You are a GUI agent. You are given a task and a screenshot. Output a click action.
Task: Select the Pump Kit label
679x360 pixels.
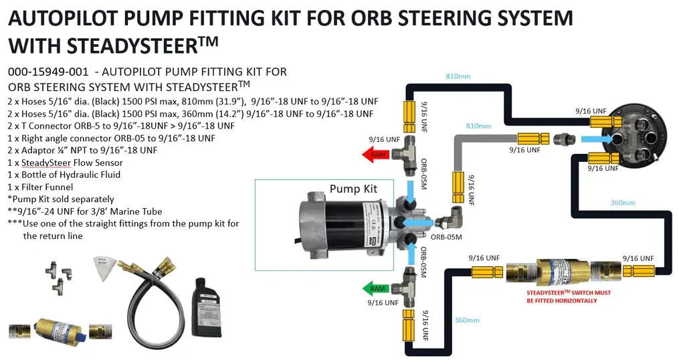pyautogui.click(x=353, y=189)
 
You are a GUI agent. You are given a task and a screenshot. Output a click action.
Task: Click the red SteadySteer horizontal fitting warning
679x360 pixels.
pyautogui.click(x=568, y=296)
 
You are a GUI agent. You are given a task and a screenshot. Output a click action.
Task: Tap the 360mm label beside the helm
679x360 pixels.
pyautogui.click(x=623, y=202)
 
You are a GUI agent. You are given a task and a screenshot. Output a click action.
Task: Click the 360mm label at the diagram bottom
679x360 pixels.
pyautogui.click(x=466, y=321)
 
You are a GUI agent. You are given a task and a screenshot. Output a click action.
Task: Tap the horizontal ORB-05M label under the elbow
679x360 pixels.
pyautogui.click(x=446, y=236)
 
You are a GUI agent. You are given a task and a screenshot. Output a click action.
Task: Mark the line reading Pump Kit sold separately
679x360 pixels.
pyautogui.click(x=60, y=199)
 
